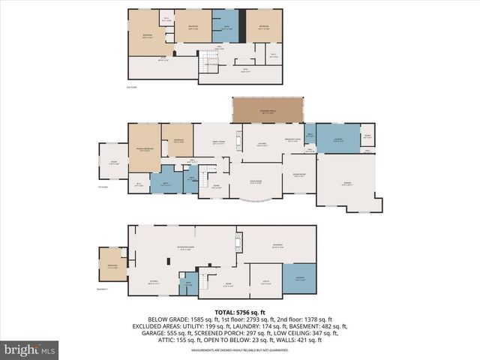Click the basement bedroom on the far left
[x=112, y=264]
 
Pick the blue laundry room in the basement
[x=298, y=279]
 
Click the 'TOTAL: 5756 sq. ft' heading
[x=240, y=311]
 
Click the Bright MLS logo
[x=30, y=349]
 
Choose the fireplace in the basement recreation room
[x=238, y=241]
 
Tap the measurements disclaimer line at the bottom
[x=240, y=349]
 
